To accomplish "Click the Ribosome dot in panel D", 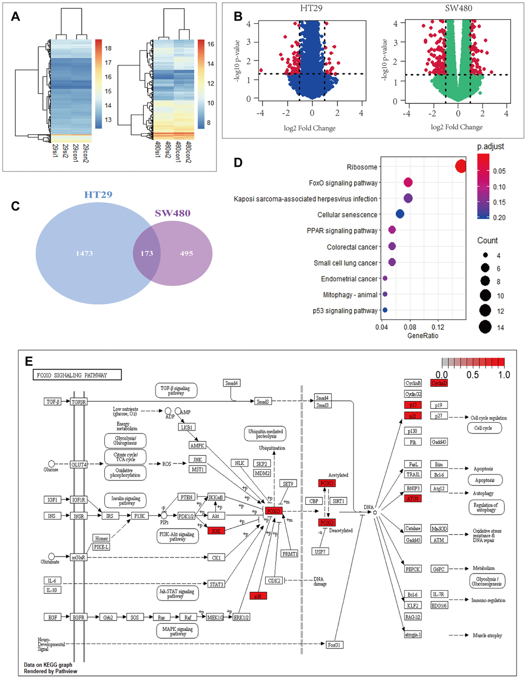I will [x=461, y=166].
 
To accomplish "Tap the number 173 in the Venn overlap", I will [x=147, y=253].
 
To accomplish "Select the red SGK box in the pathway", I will [x=216, y=531].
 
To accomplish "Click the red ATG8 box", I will [x=413, y=498].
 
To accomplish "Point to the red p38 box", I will [x=258, y=596].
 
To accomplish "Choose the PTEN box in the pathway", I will [x=187, y=497].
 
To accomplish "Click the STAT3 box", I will [x=216, y=584].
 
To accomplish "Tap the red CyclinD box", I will [x=439, y=383].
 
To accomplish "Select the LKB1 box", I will [x=187, y=427].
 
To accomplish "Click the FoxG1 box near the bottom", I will [x=334, y=645].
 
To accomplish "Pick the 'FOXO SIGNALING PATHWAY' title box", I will [x=77, y=375].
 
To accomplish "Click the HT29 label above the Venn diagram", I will [x=98, y=194].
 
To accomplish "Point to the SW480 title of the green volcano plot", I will [x=458, y=8].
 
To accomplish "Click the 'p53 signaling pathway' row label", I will [x=345, y=311].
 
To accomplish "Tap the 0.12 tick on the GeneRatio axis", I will [x=438, y=327].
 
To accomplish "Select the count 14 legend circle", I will [x=485, y=327].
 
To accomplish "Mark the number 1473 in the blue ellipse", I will [x=84, y=253].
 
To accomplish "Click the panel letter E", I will [x=29, y=361].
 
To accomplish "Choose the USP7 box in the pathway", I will [x=320, y=551].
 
